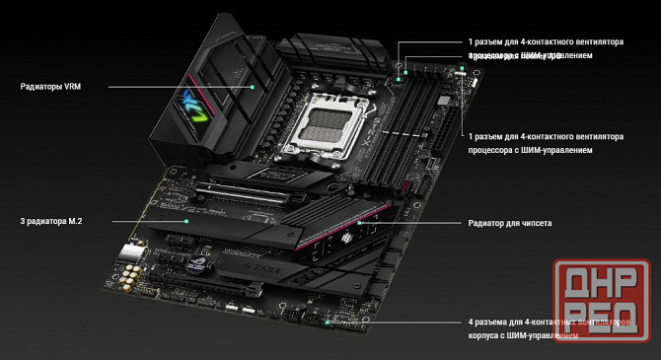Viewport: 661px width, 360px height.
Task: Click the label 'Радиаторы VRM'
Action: (x=50, y=87)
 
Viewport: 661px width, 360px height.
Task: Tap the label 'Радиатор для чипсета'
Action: (x=509, y=224)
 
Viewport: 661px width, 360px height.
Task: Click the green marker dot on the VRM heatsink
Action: (x=254, y=87)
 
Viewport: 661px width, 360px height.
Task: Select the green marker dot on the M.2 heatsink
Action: (x=185, y=223)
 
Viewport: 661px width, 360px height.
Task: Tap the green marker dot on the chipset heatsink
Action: (x=360, y=224)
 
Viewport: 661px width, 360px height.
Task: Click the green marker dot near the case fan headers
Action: (x=328, y=322)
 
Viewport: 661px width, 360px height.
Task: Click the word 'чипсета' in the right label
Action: (x=533, y=224)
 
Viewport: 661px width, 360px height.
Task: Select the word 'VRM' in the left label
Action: (x=72, y=87)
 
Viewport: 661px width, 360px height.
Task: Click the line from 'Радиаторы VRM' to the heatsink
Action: (x=178, y=87)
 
